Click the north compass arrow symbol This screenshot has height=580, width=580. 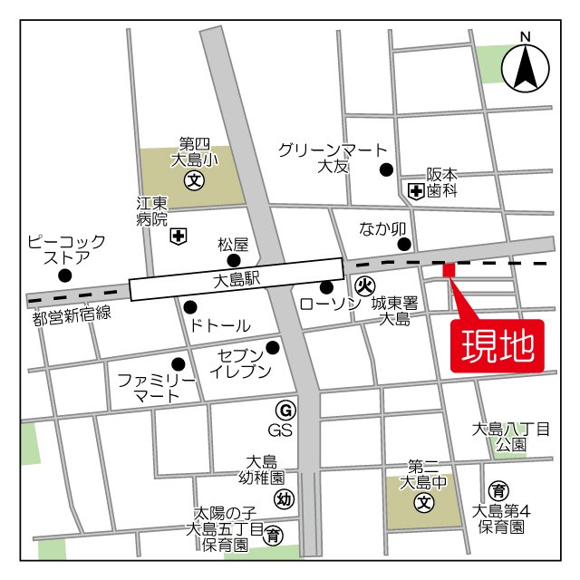[x=527, y=69]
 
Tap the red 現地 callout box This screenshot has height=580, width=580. [x=498, y=345]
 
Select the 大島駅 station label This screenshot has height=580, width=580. [x=238, y=281]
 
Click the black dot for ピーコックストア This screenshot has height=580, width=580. [x=64, y=275]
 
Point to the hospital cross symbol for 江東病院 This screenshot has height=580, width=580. [x=178, y=237]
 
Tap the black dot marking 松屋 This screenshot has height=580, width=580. [x=234, y=261]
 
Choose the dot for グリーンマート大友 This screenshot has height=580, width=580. [x=387, y=169]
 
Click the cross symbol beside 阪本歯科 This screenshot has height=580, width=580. [x=416, y=190]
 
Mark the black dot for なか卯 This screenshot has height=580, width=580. [x=404, y=243]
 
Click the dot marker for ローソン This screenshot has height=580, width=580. [x=326, y=287]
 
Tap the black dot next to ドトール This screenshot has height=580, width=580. [x=189, y=306]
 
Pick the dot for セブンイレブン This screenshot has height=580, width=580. [x=272, y=346]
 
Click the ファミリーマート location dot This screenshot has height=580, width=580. [x=178, y=364]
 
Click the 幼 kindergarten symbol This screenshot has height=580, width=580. [x=284, y=498]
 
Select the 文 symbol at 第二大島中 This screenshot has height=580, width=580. [x=423, y=501]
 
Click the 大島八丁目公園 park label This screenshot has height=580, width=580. [x=511, y=436]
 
